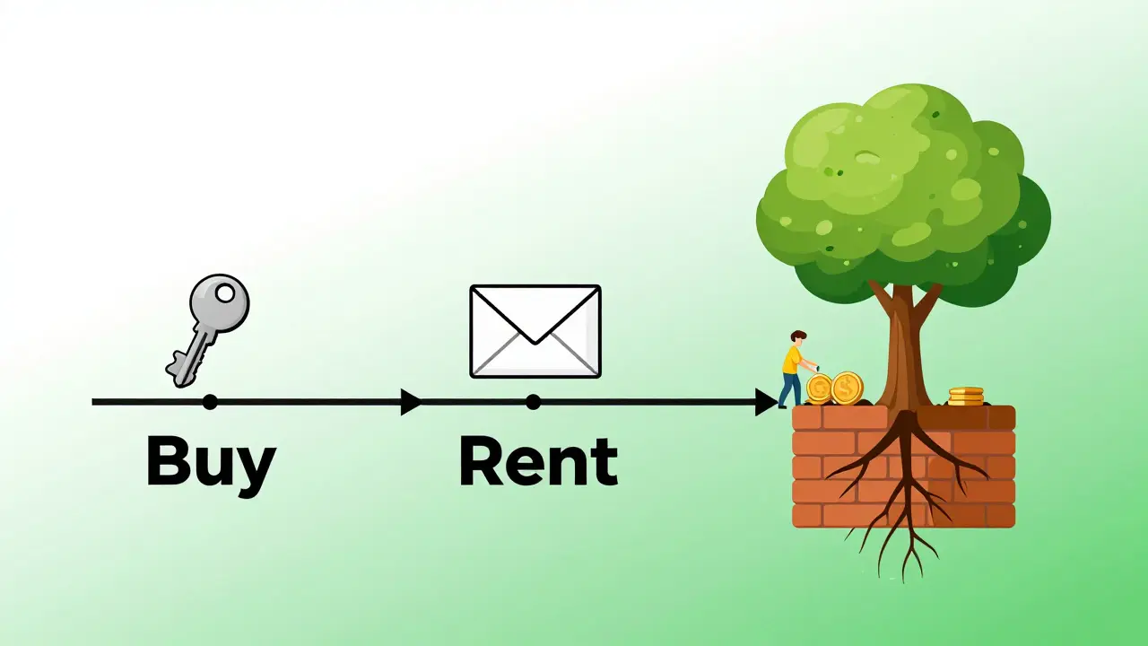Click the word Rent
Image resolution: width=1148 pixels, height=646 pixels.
(538, 462)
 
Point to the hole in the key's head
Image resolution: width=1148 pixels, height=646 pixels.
(224, 292)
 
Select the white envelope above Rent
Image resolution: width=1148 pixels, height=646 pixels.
(535, 330)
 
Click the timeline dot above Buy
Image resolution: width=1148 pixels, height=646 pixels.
(210, 402)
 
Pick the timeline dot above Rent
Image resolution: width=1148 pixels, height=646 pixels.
(534, 402)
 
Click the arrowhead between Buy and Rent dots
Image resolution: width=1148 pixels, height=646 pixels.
(411, 402)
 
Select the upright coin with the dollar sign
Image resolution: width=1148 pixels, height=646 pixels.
(847, 388)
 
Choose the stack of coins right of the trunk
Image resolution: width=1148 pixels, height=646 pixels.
(966, 396)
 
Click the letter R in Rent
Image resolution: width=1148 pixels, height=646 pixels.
(481, 462)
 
